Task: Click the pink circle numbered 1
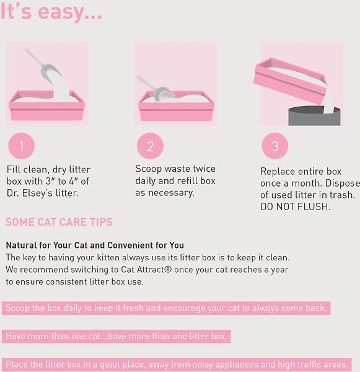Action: [21, 146]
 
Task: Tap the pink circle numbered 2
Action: [150, 146]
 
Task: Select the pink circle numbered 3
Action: [275, 146]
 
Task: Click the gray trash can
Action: [315, 117]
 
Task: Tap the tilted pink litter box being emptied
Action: [290, 80]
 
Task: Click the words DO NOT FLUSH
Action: [295, 206]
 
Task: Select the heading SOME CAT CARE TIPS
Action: [59, 223]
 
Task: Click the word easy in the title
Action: [70, 12]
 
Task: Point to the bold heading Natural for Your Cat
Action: [95, 245]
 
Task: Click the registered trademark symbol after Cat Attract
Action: [168, 270]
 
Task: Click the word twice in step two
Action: [204, 169]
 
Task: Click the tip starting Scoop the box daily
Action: [166, 308]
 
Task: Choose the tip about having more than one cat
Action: [116, 336]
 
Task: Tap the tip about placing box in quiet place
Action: [177, 365]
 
